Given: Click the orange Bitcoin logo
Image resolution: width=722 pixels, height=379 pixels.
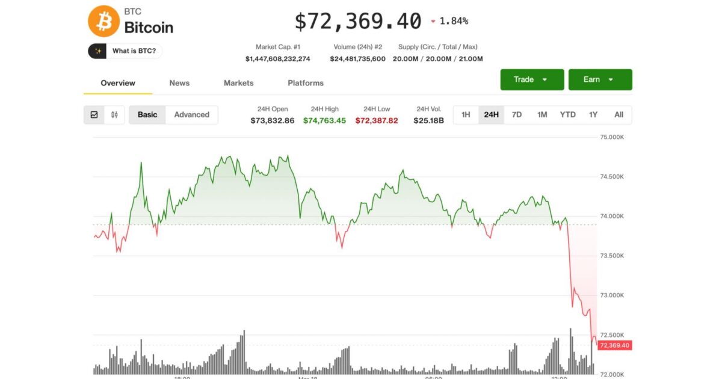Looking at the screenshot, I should click(104, 21).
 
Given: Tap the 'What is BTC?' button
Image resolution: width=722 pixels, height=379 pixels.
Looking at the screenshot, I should click(125, 51).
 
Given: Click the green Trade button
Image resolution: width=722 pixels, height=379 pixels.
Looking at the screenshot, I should click(532, 79).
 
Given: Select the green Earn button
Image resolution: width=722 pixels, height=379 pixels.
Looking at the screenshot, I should click(600, 79).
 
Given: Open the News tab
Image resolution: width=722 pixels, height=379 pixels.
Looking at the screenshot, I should click(179, 83).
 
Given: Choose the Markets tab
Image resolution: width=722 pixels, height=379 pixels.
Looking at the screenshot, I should click(239, 83).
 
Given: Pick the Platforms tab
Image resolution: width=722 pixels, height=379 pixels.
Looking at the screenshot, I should click(306, 83).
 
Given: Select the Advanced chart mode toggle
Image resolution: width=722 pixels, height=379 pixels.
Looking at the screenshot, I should click(192, 115).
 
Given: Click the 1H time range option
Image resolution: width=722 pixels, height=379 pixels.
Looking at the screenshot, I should click(466, 115).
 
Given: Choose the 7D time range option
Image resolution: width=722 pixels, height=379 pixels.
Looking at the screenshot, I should click(517, 115).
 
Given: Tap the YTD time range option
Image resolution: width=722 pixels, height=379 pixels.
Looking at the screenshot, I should click(567, 115).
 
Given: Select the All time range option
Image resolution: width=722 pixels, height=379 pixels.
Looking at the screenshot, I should click(619, 115).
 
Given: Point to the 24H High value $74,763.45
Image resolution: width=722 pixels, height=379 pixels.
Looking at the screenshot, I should click(324, 120).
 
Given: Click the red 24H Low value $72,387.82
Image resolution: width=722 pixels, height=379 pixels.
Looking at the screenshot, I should click(377, 120).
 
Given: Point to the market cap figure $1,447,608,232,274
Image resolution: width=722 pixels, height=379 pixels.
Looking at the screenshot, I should click(278, 59).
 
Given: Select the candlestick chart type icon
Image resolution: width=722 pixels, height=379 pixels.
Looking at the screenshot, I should click(114, 115).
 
